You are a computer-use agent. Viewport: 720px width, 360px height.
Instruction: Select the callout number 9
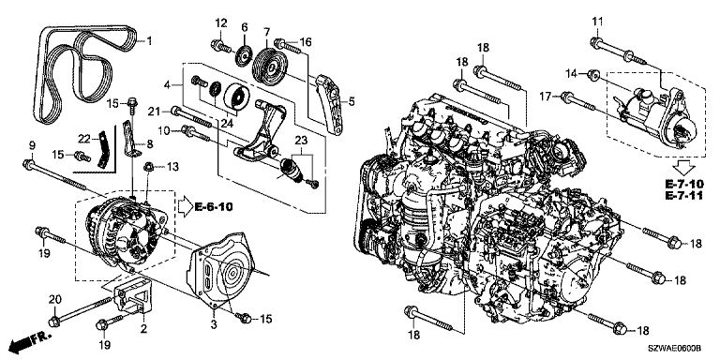31,145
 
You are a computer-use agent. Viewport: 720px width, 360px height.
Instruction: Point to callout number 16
305,42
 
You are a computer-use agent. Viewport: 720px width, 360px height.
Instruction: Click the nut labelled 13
148,169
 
